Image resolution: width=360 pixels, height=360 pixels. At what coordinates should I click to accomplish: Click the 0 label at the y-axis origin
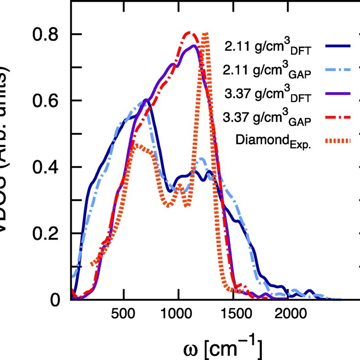tap(55, 300)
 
